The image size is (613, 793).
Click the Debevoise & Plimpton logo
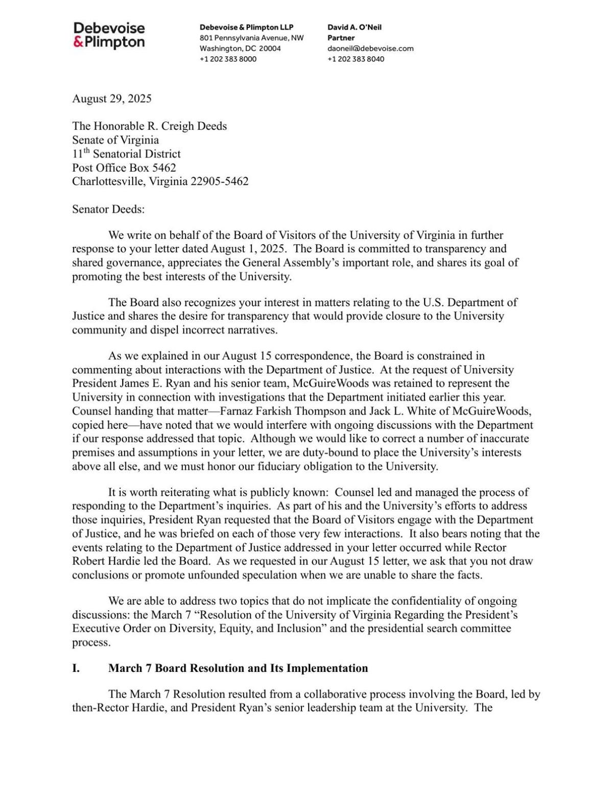click(109, 35)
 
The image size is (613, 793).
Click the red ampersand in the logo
click(78, 42)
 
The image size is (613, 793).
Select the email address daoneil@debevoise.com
click(370, 49)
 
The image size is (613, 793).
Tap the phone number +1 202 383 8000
click(228, 59)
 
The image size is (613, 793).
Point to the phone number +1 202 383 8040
click(356, 59)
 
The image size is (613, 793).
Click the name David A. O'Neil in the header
click(355, 27)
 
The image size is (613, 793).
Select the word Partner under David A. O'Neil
click(341, 38)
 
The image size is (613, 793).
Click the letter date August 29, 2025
click(112, 99)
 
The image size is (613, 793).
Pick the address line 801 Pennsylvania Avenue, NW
click(251, 38)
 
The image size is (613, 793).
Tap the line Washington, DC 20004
click(240, 49)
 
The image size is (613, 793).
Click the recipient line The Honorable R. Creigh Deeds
click(149, 126)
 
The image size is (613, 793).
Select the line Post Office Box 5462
click(124, 167)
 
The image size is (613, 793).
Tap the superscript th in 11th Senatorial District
click(86, 151)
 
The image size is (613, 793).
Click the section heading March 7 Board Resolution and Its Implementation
click(238, 668)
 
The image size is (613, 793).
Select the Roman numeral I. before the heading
click(76, 668)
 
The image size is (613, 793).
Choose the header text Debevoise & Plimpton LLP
click(246, 27)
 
